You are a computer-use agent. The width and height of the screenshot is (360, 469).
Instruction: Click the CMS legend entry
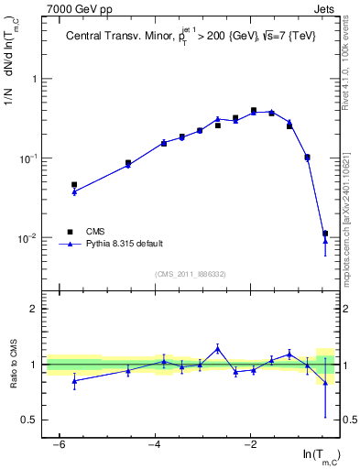click(x=97, y=232)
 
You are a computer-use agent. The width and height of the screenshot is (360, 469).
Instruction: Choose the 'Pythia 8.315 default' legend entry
click(x=125, y=244)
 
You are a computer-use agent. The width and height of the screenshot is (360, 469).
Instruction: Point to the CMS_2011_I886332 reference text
click(x=191, y=274)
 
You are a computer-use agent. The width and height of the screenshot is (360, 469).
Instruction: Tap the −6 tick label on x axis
click(x=59, y=444)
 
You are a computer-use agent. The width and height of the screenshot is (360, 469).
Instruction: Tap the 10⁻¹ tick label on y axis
click(x=27, y=158)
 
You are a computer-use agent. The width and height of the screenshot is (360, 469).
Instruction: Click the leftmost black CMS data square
click(x=74, y=185)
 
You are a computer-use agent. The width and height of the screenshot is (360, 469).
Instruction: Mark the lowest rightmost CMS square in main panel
click(x=325, y=234)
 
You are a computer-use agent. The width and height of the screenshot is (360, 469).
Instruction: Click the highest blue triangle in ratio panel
click(x=217, y=348)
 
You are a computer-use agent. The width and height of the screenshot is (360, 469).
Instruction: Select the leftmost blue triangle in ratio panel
click(x=74, y=380)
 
